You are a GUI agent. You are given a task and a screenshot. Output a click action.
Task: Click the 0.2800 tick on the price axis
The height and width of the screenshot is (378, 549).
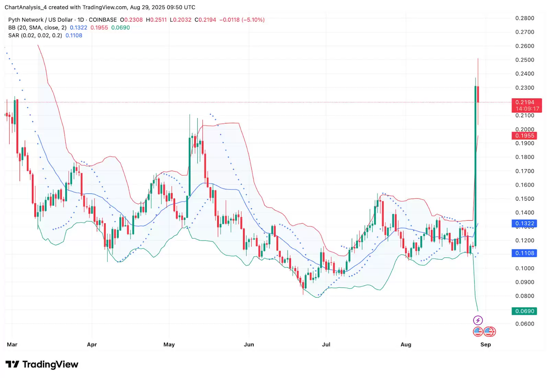pos(525,18)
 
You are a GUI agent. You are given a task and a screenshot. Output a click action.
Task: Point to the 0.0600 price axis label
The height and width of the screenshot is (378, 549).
pos(525,324)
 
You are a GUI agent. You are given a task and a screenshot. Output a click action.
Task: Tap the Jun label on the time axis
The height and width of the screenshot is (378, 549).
pos(249,344)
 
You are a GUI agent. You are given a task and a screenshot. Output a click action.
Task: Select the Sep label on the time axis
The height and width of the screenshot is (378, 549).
pos(486,344)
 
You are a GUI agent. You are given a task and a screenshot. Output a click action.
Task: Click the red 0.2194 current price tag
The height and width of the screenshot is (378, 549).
pos(525,102)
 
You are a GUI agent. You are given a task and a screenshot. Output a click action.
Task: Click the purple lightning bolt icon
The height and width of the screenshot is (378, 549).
pos(478,320)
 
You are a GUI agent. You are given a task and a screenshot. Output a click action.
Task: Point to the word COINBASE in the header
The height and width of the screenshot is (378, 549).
pos(103,20)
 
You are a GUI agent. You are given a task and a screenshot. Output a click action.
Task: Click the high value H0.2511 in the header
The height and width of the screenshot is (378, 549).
pos(156,20)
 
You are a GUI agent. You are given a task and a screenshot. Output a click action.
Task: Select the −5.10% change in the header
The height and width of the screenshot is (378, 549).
pos(253,20)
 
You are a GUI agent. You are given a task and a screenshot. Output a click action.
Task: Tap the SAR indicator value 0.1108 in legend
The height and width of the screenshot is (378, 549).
pos(74,35)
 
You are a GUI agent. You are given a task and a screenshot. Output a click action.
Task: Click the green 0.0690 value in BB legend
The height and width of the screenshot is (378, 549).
pos(120,28)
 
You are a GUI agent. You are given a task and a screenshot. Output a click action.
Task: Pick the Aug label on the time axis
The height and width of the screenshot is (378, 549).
pos(406,344)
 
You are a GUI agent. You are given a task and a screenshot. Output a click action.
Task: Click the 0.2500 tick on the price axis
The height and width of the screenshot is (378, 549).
pos(525,60)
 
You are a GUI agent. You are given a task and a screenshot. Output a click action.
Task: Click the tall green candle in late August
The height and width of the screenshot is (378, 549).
pos(476,165)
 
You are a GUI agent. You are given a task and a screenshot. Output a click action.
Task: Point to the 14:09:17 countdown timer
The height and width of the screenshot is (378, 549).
pos(527,109)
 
